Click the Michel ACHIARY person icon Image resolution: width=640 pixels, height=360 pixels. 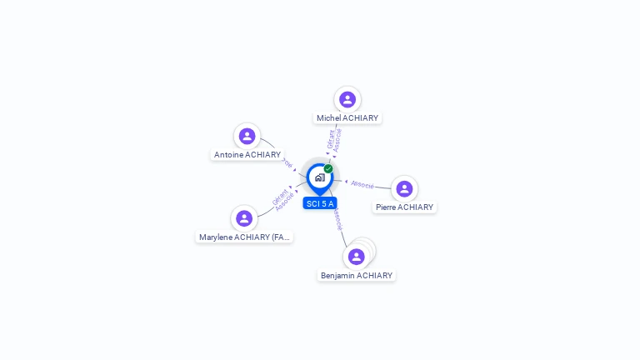coord(347,100)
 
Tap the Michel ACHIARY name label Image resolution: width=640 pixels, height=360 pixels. coord(347,118)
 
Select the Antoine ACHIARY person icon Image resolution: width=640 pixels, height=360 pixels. coord(247,136)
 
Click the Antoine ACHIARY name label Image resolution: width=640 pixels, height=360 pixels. coord(247,155)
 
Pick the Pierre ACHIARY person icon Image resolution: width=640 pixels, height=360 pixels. coord(404,189)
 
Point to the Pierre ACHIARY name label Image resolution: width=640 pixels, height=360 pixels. coord(404,207)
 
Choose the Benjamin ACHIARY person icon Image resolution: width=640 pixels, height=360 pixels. coord(357,257)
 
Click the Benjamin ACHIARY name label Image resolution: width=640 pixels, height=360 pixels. coord(357,276)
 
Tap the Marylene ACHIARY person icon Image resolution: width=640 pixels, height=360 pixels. coord(244,218)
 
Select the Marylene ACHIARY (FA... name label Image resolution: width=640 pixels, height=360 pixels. coord(244,237)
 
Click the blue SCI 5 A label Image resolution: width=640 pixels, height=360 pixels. coord(320,203)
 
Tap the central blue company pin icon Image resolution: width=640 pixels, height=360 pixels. coord(319,177)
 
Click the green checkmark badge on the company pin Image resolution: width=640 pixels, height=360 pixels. coord(328,169)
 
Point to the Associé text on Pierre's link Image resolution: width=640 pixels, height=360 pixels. coord(362,183)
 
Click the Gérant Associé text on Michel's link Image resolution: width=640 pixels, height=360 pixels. coord(334,139)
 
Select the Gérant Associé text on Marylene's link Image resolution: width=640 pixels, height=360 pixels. coord(282,198)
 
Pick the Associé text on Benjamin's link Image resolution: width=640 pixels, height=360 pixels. coord(337,219)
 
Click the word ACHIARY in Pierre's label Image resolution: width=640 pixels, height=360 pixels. coord(415,207)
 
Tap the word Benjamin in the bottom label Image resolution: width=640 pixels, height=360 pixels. coord(337,276)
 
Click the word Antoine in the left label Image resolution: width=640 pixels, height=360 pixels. coord(229,155)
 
